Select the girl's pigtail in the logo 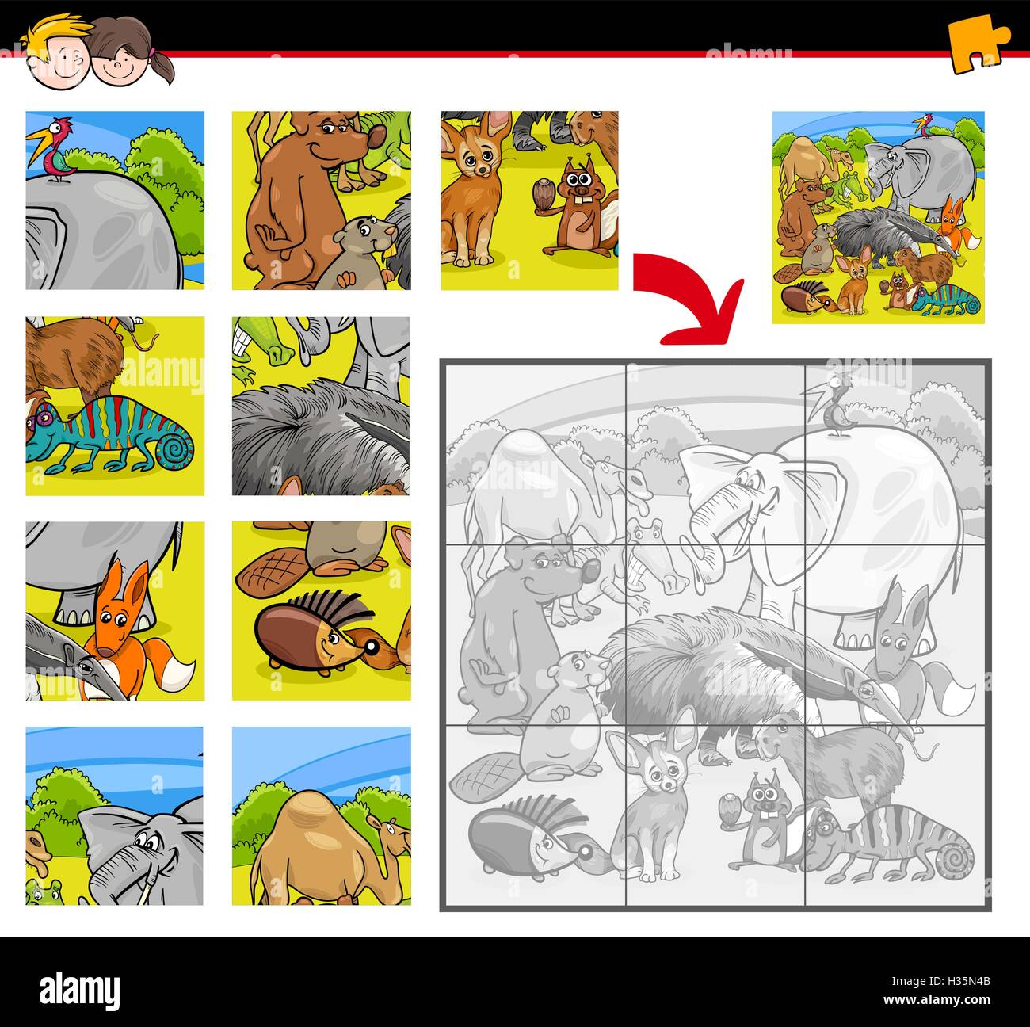(x=165, y=67)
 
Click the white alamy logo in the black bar (x=79, y=989)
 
